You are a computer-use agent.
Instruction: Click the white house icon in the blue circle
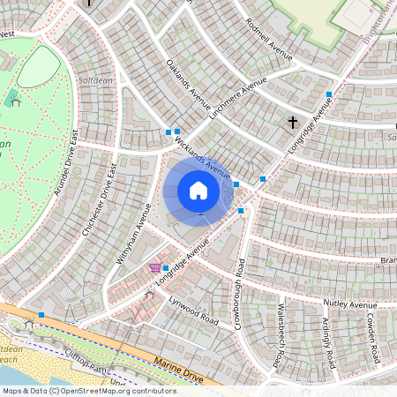(x=198, y=191)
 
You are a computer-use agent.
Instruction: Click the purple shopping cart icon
(x=154, y=266)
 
